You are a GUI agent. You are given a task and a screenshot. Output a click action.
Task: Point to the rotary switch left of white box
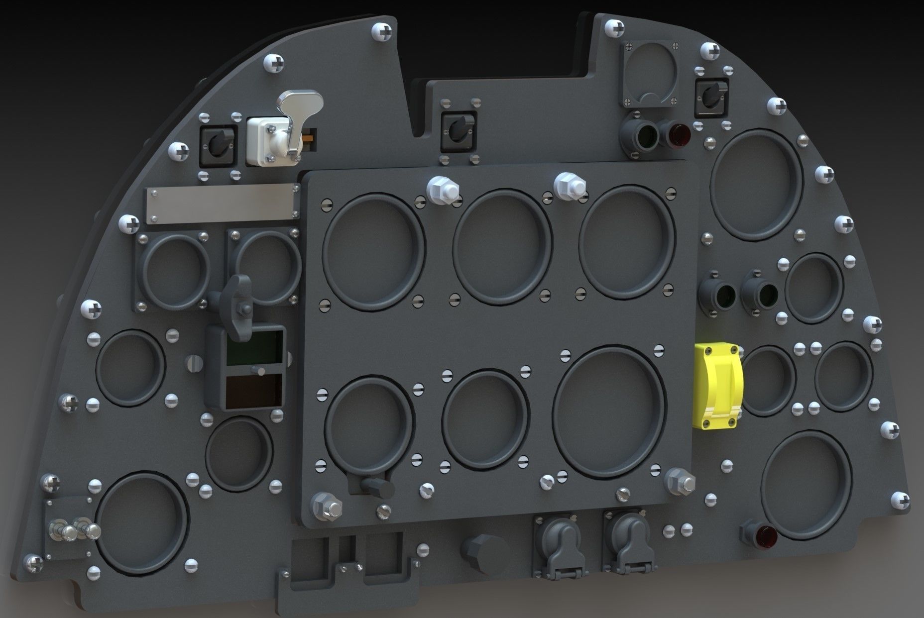pos(216,145)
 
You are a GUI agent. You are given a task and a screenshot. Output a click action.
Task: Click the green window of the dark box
pos(254,346)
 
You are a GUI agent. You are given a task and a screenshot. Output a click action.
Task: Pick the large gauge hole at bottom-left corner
pos(140,522)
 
